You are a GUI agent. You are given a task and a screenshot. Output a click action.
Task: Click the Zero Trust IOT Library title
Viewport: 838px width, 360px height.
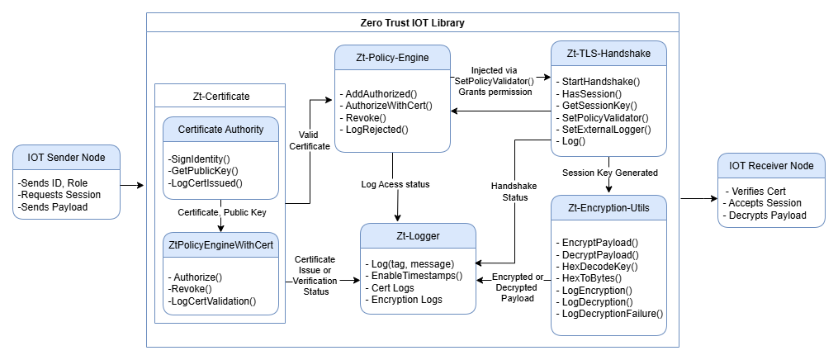(x=412, y=22)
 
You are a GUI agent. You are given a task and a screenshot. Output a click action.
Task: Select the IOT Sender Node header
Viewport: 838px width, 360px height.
(x=66, y=157)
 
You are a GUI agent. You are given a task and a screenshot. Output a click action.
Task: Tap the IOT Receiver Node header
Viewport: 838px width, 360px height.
(x=771, y=166)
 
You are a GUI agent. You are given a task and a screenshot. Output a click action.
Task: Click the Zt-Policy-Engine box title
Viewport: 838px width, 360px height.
(x=392, y=58)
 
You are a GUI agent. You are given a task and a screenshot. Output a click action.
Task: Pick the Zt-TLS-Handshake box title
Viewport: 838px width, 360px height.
(x=608, y=54)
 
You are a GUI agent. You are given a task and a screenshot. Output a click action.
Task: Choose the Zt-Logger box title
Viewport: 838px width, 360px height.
(x=418, y=235)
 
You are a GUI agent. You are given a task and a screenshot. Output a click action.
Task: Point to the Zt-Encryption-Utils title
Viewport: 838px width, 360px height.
(x=608, y=208)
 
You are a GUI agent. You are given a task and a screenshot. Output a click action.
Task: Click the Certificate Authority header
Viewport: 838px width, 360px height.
(x=220, y=130)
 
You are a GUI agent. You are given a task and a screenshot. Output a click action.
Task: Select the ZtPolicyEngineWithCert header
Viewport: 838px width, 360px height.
(x=220, y=245)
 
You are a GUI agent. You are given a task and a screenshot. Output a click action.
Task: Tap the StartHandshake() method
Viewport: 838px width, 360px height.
(x=598, y=82)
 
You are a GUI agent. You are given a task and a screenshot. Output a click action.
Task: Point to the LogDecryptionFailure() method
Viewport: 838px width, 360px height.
(x=609, y=314)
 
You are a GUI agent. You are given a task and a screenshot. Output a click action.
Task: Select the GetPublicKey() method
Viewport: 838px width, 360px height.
(x=202, y=171)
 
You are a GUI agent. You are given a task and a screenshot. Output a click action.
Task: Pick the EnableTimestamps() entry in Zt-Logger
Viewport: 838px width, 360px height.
(x=413, y=276)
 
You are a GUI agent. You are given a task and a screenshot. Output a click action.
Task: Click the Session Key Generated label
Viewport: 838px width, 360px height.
(x=610, y=173)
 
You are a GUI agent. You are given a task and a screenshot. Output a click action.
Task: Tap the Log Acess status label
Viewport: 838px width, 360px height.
(x=395, y=185)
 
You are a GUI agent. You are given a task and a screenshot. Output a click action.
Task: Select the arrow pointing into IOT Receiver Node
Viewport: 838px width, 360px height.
(x=698, y=199)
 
